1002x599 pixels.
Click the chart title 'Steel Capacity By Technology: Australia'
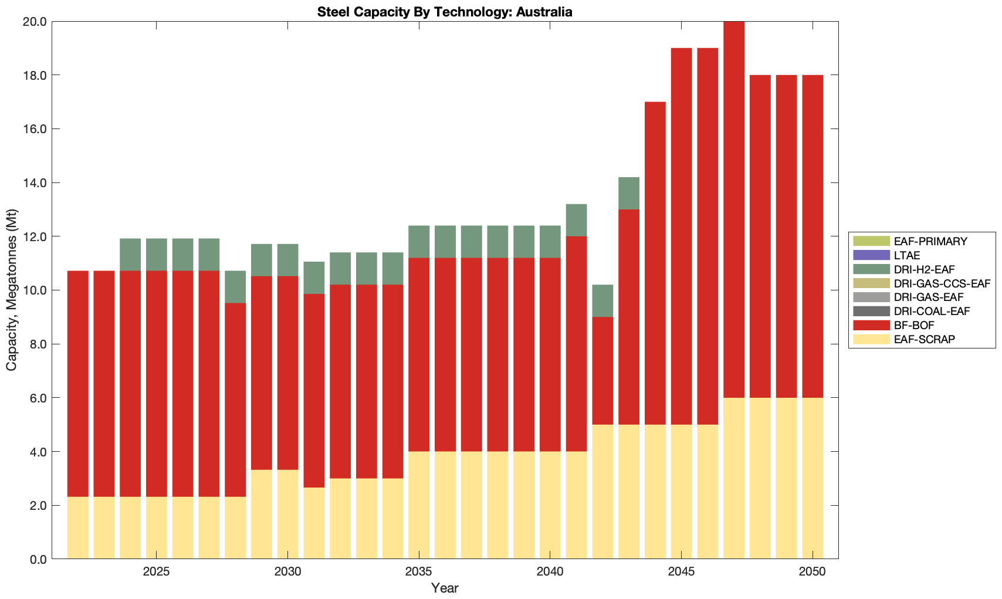445,12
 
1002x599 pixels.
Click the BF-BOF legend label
914,325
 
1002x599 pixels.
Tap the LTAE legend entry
907,255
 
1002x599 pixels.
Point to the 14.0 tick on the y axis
36,183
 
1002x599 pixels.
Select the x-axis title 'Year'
445,588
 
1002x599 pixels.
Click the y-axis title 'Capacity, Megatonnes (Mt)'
12,290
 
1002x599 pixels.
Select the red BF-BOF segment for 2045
681,236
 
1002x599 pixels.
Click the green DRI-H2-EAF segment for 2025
157,255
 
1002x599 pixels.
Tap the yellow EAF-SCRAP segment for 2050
813,478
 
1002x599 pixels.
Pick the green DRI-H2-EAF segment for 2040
550,242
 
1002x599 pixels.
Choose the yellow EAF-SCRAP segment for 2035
419,505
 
